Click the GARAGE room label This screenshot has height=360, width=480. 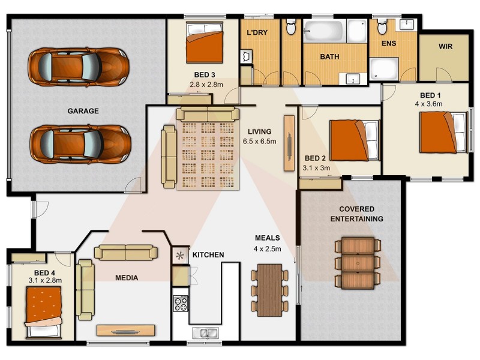click(83, 111)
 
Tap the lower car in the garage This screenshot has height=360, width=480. click(80, 144)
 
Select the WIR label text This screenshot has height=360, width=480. click(445, 46)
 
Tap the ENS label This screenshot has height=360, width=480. click(388, 43)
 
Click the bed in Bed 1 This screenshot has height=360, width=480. click(443, 133)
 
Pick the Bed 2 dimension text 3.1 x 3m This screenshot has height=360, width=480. click(317, 168)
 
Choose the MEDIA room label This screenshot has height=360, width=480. click(127, 278)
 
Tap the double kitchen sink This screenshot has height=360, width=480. click(205, 332)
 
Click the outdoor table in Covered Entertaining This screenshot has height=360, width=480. click(357, 263)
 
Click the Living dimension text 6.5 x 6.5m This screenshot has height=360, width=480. click(259, 142)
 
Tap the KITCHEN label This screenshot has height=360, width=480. click(208, 255)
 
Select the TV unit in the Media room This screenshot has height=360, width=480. click(126, 330)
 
